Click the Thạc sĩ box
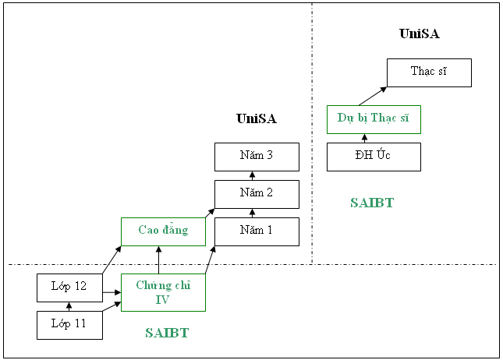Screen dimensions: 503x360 pos(429,72)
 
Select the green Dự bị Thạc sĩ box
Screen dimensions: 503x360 pos(374,119)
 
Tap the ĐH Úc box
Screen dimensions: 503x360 pos(374,157)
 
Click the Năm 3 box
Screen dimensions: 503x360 pos(257,157)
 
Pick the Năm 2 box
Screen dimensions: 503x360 pos(257,194)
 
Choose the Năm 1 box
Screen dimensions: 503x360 pos(257,231)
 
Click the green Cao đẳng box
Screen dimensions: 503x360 pos(163,231)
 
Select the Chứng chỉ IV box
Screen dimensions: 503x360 pos(163,292)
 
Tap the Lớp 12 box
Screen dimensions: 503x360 pos(69,288)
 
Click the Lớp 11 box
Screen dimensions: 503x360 pos(69,325)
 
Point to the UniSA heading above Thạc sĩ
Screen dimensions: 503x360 pos(420,34)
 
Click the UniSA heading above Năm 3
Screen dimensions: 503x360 pos(257,118)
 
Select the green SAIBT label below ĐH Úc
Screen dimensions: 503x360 pos(372,203)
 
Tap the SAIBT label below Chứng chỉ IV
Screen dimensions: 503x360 pos(167,333)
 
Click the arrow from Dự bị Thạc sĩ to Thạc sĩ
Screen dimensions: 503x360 pos(373,96)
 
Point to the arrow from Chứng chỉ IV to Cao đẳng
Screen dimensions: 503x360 pos(158,260)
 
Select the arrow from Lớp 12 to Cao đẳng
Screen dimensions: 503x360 pos(112,260)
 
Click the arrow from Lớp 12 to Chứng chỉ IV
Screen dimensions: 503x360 pos(112,292)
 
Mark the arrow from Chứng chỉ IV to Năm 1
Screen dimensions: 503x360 pos(210,260)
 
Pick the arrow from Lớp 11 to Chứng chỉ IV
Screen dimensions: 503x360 pos(112,306)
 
